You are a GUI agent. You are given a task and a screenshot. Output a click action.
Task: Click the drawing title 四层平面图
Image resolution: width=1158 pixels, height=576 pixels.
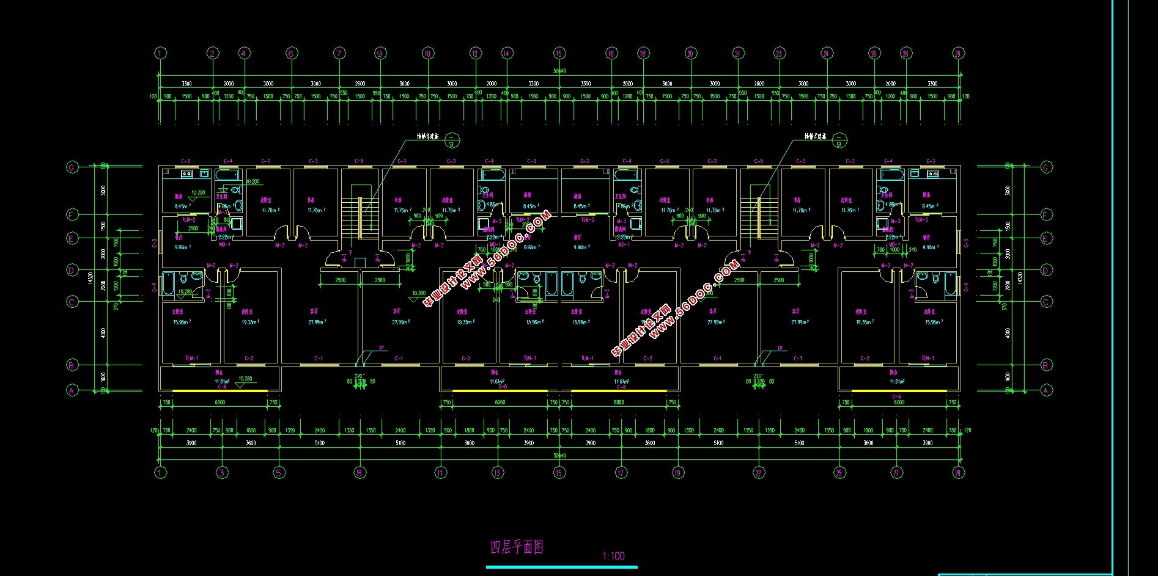517,547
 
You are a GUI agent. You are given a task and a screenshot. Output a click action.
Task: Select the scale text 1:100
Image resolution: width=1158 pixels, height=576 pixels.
613,556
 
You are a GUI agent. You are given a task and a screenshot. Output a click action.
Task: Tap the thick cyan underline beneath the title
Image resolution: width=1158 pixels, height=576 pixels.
561,567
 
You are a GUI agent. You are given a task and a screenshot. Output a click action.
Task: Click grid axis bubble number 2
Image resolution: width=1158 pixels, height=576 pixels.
213,53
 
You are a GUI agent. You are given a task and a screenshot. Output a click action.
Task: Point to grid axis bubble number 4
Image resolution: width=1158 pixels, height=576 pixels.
244,53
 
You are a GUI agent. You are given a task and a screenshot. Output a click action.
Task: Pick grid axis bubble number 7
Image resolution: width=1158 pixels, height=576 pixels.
339,53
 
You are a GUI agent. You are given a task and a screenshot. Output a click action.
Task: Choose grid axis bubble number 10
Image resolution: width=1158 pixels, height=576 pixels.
427,53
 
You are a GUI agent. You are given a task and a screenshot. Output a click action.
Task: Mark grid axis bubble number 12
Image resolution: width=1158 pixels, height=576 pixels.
475,53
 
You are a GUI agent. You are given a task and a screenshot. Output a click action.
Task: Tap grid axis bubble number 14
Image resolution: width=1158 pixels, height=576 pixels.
506,53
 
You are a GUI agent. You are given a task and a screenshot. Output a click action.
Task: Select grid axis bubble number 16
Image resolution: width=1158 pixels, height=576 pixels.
611,53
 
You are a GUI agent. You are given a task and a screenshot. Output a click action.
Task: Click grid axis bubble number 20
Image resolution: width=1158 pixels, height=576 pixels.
690,53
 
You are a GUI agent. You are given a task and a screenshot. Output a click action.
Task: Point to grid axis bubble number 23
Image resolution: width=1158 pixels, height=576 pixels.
779,53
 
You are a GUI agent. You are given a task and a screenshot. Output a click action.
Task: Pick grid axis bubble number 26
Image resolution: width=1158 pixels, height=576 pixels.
874,53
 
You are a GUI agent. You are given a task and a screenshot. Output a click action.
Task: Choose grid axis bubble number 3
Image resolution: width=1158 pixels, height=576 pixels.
222,472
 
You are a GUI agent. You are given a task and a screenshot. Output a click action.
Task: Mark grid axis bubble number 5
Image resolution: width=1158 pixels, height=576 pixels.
279,472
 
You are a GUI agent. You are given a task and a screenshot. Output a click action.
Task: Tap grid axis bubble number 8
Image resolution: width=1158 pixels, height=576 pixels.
360,472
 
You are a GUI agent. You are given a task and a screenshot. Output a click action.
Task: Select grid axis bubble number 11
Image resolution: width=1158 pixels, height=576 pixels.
441,472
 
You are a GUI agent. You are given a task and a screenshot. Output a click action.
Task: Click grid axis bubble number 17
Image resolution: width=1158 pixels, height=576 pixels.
621,472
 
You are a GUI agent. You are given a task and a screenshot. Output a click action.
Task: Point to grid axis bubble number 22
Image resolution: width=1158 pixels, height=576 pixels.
758,472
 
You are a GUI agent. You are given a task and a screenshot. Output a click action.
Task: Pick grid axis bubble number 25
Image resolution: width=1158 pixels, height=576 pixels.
839,472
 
